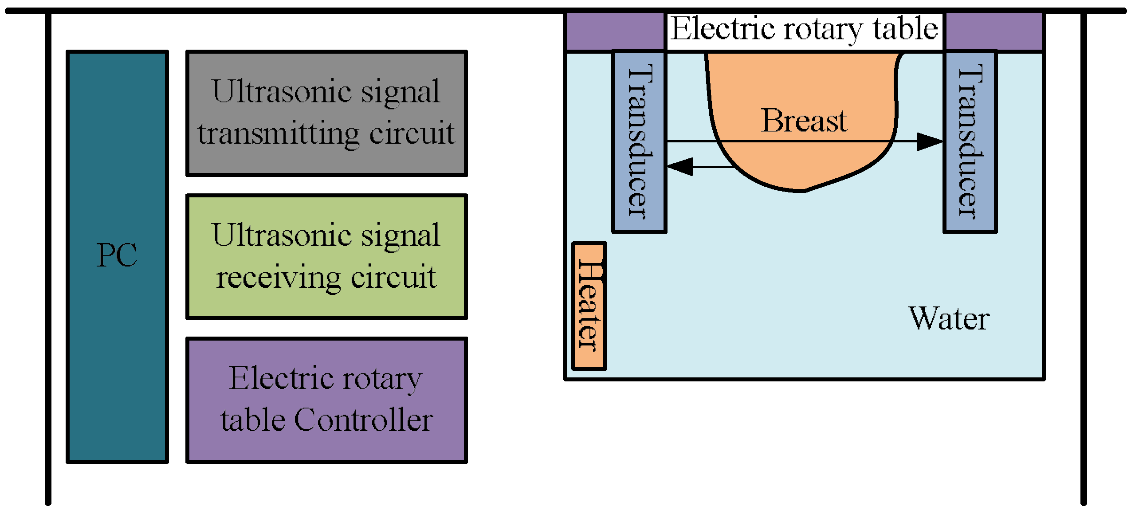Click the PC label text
click(117, 255)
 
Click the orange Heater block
click(589, 306)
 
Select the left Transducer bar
click(639, 142)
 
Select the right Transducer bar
click(970, 142)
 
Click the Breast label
click(804, 121)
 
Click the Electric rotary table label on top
click(804, 29)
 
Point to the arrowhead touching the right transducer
click(931, 141)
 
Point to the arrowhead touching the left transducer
click(679, 167)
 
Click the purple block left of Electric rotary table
click(615, 31)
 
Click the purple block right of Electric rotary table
click(994, 31)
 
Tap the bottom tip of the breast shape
click(804, 191)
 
